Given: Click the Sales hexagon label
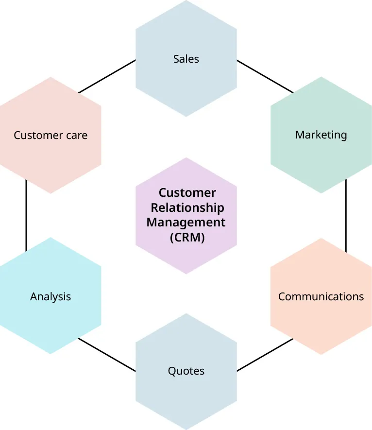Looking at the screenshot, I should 186,59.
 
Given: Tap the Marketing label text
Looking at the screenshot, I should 321,135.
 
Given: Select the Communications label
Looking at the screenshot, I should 321,296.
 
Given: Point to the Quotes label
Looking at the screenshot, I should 186,371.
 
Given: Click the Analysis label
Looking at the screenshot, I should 51,296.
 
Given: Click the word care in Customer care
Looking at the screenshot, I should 76,135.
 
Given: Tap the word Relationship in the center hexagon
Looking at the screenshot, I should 187,208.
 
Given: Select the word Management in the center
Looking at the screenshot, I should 186,223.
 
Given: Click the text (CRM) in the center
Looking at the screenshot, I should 187,238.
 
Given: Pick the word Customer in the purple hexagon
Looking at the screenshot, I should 187,193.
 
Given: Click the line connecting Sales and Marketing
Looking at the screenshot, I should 265,76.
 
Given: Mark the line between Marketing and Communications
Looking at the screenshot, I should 346,216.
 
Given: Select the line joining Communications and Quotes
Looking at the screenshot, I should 265,355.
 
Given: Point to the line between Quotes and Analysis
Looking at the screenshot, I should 107,355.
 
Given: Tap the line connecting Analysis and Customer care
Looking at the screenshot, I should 26,216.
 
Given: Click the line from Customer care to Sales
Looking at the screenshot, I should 107,76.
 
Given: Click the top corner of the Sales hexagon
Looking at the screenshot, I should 186,1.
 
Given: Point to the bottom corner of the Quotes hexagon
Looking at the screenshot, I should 186,429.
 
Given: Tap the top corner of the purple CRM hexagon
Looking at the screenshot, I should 186,158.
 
